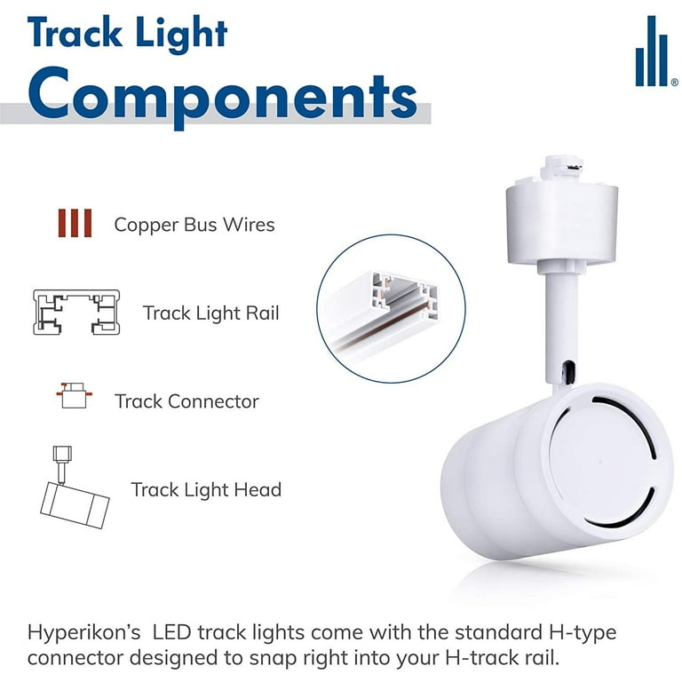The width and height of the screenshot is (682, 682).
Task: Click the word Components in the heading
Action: click(x=222, y=96)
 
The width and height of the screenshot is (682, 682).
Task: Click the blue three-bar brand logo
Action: click(x=654, y=52)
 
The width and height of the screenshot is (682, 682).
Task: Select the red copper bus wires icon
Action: click(x=75, y=223)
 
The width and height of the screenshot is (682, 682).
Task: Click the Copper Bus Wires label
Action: click(x=194, y=225)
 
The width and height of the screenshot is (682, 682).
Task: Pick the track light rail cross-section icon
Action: click(x=76, y=312)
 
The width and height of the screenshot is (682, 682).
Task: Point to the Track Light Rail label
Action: click(x=211, y=313)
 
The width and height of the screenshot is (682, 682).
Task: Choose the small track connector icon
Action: click(x=74, y=395)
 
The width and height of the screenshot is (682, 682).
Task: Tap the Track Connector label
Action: click(x=186, y=401)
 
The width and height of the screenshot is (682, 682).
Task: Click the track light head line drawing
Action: click(x=74, y=488)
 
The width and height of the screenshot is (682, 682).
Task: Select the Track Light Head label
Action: click(x=206, y=490)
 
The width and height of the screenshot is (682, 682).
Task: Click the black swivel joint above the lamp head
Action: click(x=567, y=373)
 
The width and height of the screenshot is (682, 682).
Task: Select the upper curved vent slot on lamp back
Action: click(x=630, y=419)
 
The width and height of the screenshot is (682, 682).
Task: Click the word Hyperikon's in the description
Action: click(x=84, y=633)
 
